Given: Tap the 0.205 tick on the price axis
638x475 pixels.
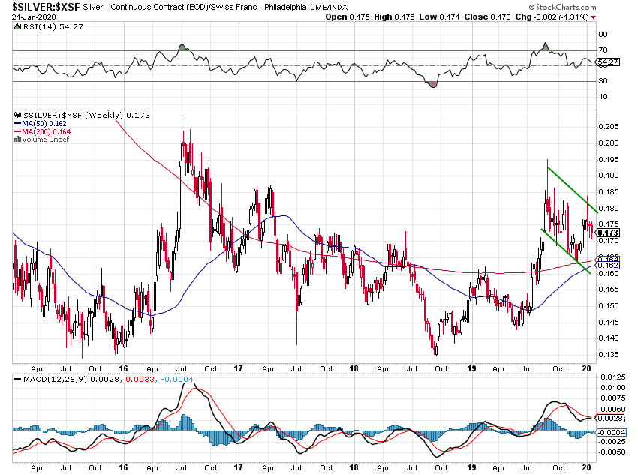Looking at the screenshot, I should click(609, 127).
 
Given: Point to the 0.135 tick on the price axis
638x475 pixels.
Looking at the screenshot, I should click(609, 355).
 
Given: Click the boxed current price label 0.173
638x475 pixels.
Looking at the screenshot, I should click(606, 233).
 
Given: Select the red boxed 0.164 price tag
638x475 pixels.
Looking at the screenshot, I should click(606, 260).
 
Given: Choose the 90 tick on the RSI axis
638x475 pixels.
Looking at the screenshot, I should click(603, 35).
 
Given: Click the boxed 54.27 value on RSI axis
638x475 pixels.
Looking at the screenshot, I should click(607, 62).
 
